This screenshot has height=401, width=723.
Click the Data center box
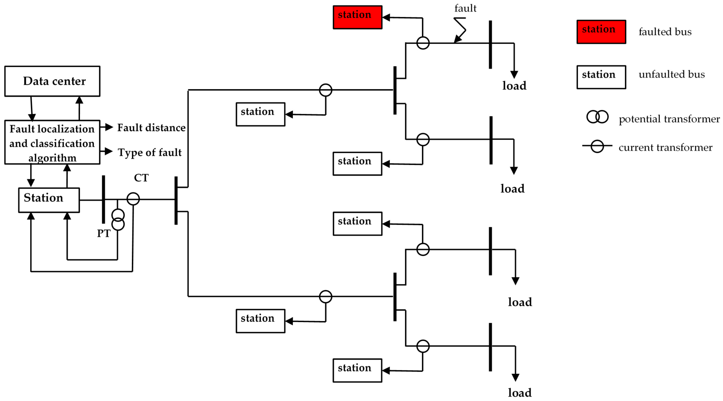[52, 81]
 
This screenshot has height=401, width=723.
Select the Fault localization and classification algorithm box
[52, 142]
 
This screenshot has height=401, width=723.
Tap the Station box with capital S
[49, 200]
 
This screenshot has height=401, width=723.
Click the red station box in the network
[357, 17]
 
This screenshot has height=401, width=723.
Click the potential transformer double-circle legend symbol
[597, 117]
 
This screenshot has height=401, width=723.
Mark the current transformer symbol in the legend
[597, 146]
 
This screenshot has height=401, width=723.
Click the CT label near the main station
[141, 178]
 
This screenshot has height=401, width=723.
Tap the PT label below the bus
[104, 233]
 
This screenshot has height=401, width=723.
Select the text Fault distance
[151, 128]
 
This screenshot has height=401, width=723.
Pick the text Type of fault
[150, 152]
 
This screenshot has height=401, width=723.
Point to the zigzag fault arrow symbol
[460, 29]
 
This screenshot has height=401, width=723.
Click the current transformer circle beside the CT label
[133, 199]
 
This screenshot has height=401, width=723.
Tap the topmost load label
[514, 86]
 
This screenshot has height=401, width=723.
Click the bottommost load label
[520, 393]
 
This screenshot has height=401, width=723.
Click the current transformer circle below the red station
[423, 43]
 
